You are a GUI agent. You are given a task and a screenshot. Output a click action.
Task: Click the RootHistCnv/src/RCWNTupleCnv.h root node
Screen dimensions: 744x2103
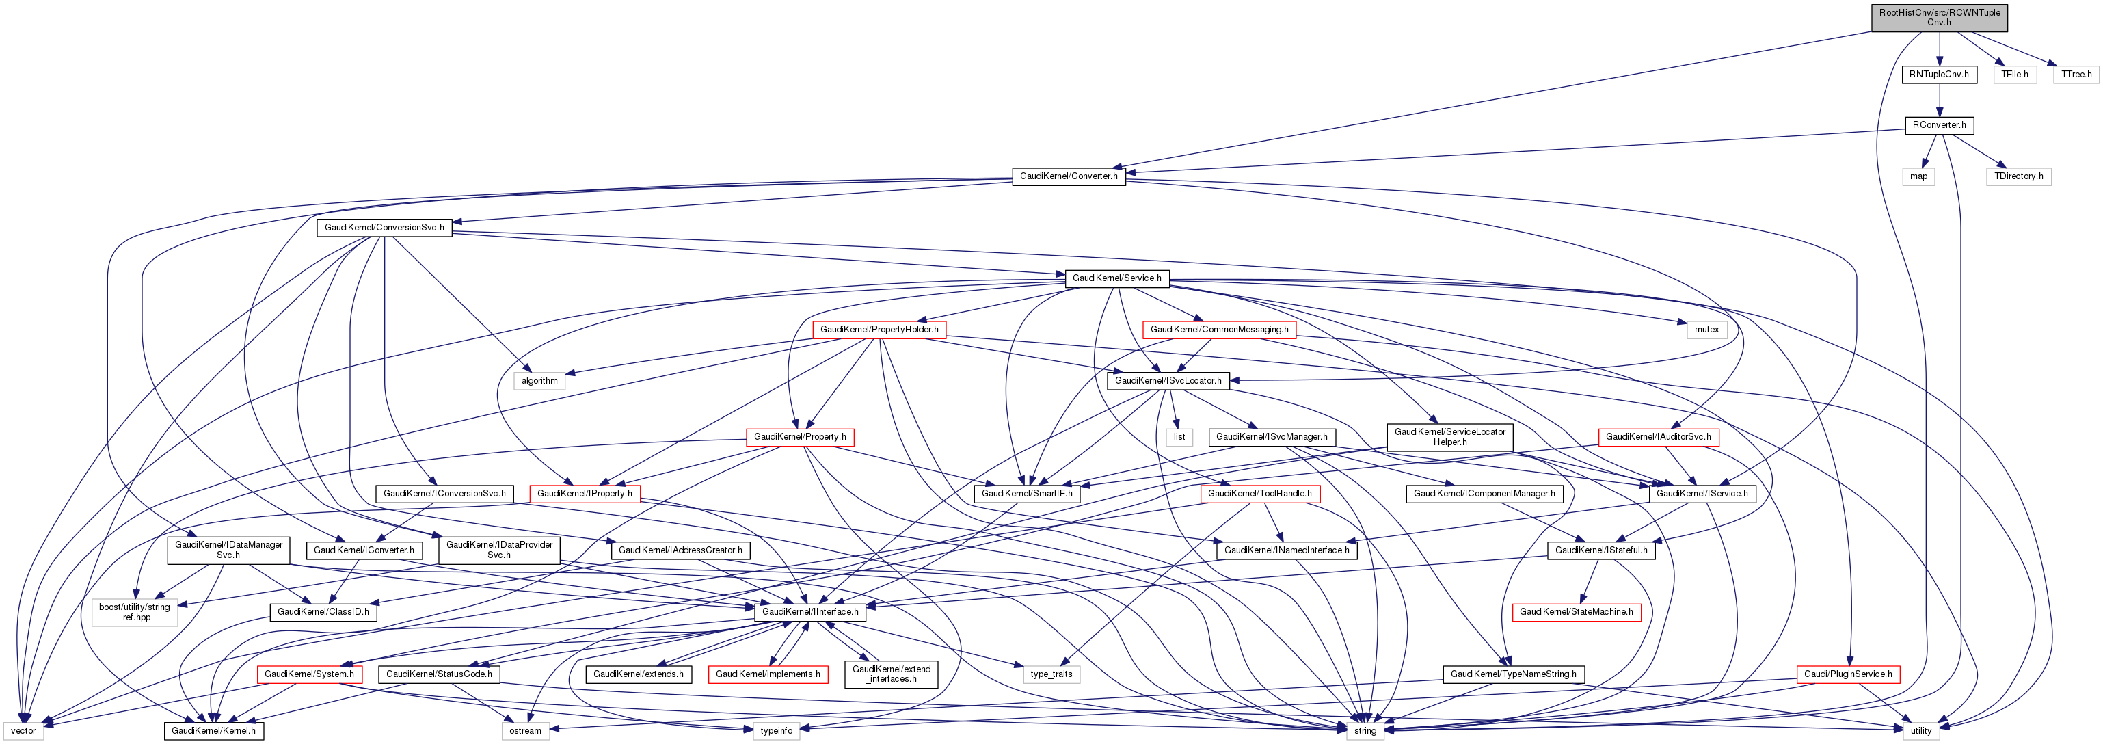[1939, 17]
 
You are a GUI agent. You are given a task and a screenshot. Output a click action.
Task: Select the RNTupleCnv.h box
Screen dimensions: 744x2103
[1939, 75]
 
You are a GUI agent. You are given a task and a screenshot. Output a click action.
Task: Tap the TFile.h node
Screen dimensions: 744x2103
[2014, 75]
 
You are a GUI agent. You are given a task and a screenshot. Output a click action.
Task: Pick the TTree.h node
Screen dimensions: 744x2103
[2076, 75]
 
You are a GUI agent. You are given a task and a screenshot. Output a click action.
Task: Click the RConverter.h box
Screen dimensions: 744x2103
[1939, 125]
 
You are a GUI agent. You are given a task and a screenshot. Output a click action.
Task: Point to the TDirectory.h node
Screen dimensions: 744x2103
[2018, 176]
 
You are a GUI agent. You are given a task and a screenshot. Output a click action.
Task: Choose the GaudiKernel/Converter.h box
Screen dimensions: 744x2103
[1069, 176]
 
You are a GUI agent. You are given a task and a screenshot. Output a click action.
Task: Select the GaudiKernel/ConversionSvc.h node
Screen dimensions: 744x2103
[384, 227]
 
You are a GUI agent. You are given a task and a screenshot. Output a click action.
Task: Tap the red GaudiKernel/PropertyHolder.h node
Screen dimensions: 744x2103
[879, 329]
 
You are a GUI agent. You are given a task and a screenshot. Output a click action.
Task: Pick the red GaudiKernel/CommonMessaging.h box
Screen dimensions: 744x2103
[1219, 329]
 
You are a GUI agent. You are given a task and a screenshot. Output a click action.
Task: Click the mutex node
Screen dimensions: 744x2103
[1706, 329]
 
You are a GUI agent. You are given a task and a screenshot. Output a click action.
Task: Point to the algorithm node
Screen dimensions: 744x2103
[539, 381]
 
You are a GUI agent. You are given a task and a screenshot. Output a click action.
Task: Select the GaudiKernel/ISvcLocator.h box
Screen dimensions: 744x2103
[1168, 381]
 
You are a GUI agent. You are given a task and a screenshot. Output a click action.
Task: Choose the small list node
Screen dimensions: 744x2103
[1179, 437]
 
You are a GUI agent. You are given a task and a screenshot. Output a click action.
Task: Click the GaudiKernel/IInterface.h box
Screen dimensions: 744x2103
[810, 612]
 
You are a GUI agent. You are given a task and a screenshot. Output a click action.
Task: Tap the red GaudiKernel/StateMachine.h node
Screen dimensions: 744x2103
[1576, 612]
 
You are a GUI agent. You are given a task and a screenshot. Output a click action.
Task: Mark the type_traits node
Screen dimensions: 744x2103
[1051, 674]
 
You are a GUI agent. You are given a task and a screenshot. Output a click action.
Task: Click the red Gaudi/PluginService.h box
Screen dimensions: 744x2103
[1848, 674]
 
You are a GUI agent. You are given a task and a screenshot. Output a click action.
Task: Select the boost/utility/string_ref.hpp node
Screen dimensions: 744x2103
[135, 612]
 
